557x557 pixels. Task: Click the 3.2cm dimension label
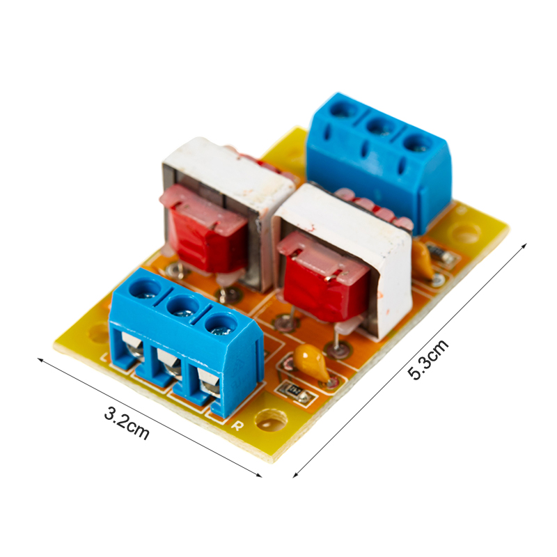[127, 424]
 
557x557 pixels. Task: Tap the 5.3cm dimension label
[428, 359]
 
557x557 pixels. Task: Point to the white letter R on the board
[237, 425]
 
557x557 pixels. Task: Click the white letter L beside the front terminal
[105, 356]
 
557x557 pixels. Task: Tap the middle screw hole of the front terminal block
[183, 306]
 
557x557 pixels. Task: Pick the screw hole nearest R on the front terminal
[221, 325]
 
